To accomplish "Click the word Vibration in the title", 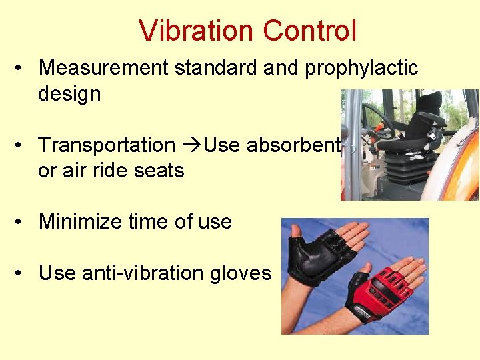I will pos(197,31).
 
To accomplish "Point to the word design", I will pos(69,94).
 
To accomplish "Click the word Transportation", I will pos(107,145).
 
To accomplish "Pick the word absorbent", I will pos(294,145).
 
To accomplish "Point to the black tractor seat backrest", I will pos(427,111).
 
